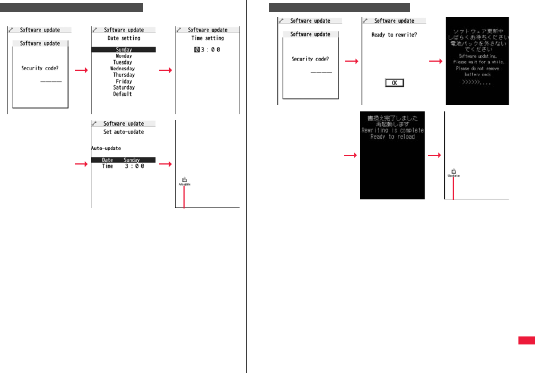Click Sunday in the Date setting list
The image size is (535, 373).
[x=123, y=50]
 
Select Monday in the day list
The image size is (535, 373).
[x=123, y=56]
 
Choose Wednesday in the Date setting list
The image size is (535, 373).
[x=123, y=69]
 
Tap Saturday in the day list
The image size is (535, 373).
[x=123, y=87]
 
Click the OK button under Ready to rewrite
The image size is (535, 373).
[x=394, y=83]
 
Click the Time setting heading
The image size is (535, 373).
[x=207, y=38]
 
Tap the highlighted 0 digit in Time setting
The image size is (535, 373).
[x=197, y=50]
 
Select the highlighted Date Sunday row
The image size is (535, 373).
[x=123, y=160]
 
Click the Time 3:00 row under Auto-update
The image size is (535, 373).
[x=123, y=166]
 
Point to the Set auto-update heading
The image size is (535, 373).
[x=123, y=132]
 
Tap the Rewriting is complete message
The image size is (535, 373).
[x=392, y=130]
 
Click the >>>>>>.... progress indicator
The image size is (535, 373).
[x=477, y=82]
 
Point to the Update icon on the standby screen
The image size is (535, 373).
[x=453, y=173]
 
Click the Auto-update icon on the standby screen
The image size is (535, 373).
[x=184, y=182]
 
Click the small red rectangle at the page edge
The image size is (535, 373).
[x=526, y=340]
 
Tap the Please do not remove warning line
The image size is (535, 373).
[x=477, y=69]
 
